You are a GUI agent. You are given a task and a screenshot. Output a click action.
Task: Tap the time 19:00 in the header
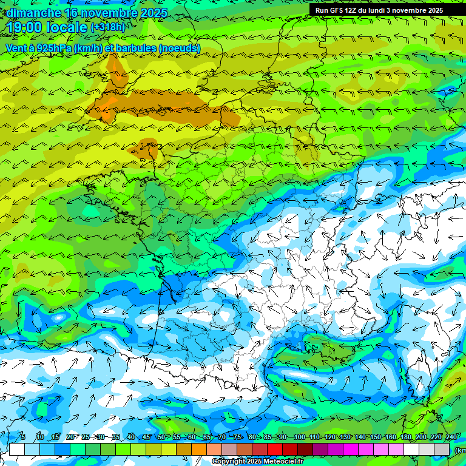pyautogui.click(x=25, y=27)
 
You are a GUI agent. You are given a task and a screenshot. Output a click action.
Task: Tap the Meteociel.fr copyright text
pyautogui.click(x=258, y=462)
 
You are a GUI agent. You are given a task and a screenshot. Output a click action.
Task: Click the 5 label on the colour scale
pyautogui.click(x=22, y=437)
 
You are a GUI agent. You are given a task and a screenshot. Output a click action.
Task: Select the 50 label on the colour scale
pyautogui.click(x=161, y=437)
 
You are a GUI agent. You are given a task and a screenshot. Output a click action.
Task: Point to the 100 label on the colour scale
pyautogui.click(x=299, y=437)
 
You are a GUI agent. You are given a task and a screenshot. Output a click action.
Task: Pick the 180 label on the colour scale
pyautogui.click(x=405, y=437)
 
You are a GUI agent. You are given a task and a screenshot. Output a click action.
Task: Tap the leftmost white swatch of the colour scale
pyautogui.click(x=17, y=449)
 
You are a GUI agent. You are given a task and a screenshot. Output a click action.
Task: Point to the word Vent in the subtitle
pyautogui.click(x=16, y=48)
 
